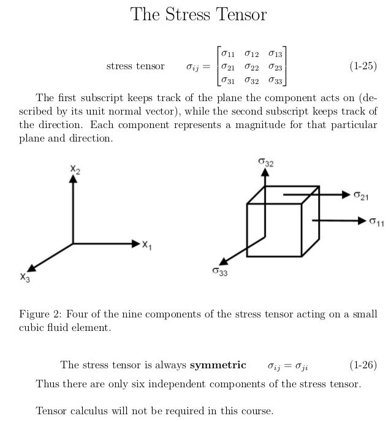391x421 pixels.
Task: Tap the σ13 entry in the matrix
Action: [x=275, y=54]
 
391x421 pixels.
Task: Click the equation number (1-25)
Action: [x=363, y=66]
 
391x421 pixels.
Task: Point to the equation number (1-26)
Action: [x=363, y=366]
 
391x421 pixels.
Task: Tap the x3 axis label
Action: [x=24, y=277]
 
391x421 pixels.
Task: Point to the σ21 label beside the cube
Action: [x=361, y=195]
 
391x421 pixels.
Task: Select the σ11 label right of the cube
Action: [x=376, y=221]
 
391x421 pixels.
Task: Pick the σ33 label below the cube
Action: [x=220, y=271]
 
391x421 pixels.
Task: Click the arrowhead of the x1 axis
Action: [x=136, y=244]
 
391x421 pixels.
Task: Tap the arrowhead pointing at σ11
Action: [x=361, y=219]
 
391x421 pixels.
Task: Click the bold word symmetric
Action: [x=218, y=366]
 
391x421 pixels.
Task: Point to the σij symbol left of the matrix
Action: [x=194, y=67]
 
